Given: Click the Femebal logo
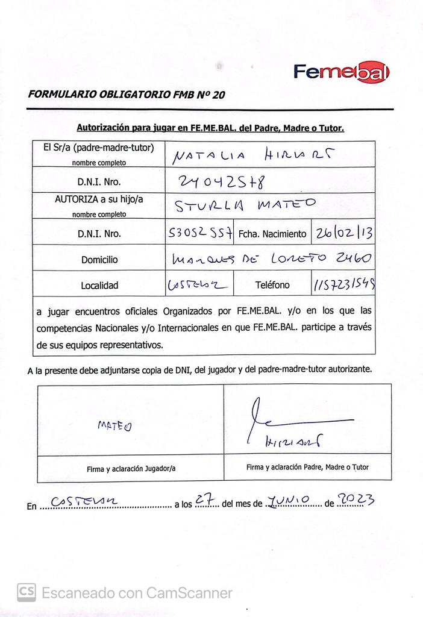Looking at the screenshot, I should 342,72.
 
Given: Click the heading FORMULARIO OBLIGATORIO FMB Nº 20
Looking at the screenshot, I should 127,94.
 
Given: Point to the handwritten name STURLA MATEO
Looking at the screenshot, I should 245,206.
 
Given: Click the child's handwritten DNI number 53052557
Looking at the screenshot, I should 200,233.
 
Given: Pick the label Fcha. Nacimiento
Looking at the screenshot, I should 272,233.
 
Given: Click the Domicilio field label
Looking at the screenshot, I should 99,260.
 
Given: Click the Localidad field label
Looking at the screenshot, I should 99,286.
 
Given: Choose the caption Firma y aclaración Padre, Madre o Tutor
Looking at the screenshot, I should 307,467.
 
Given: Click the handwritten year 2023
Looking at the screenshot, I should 357,500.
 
